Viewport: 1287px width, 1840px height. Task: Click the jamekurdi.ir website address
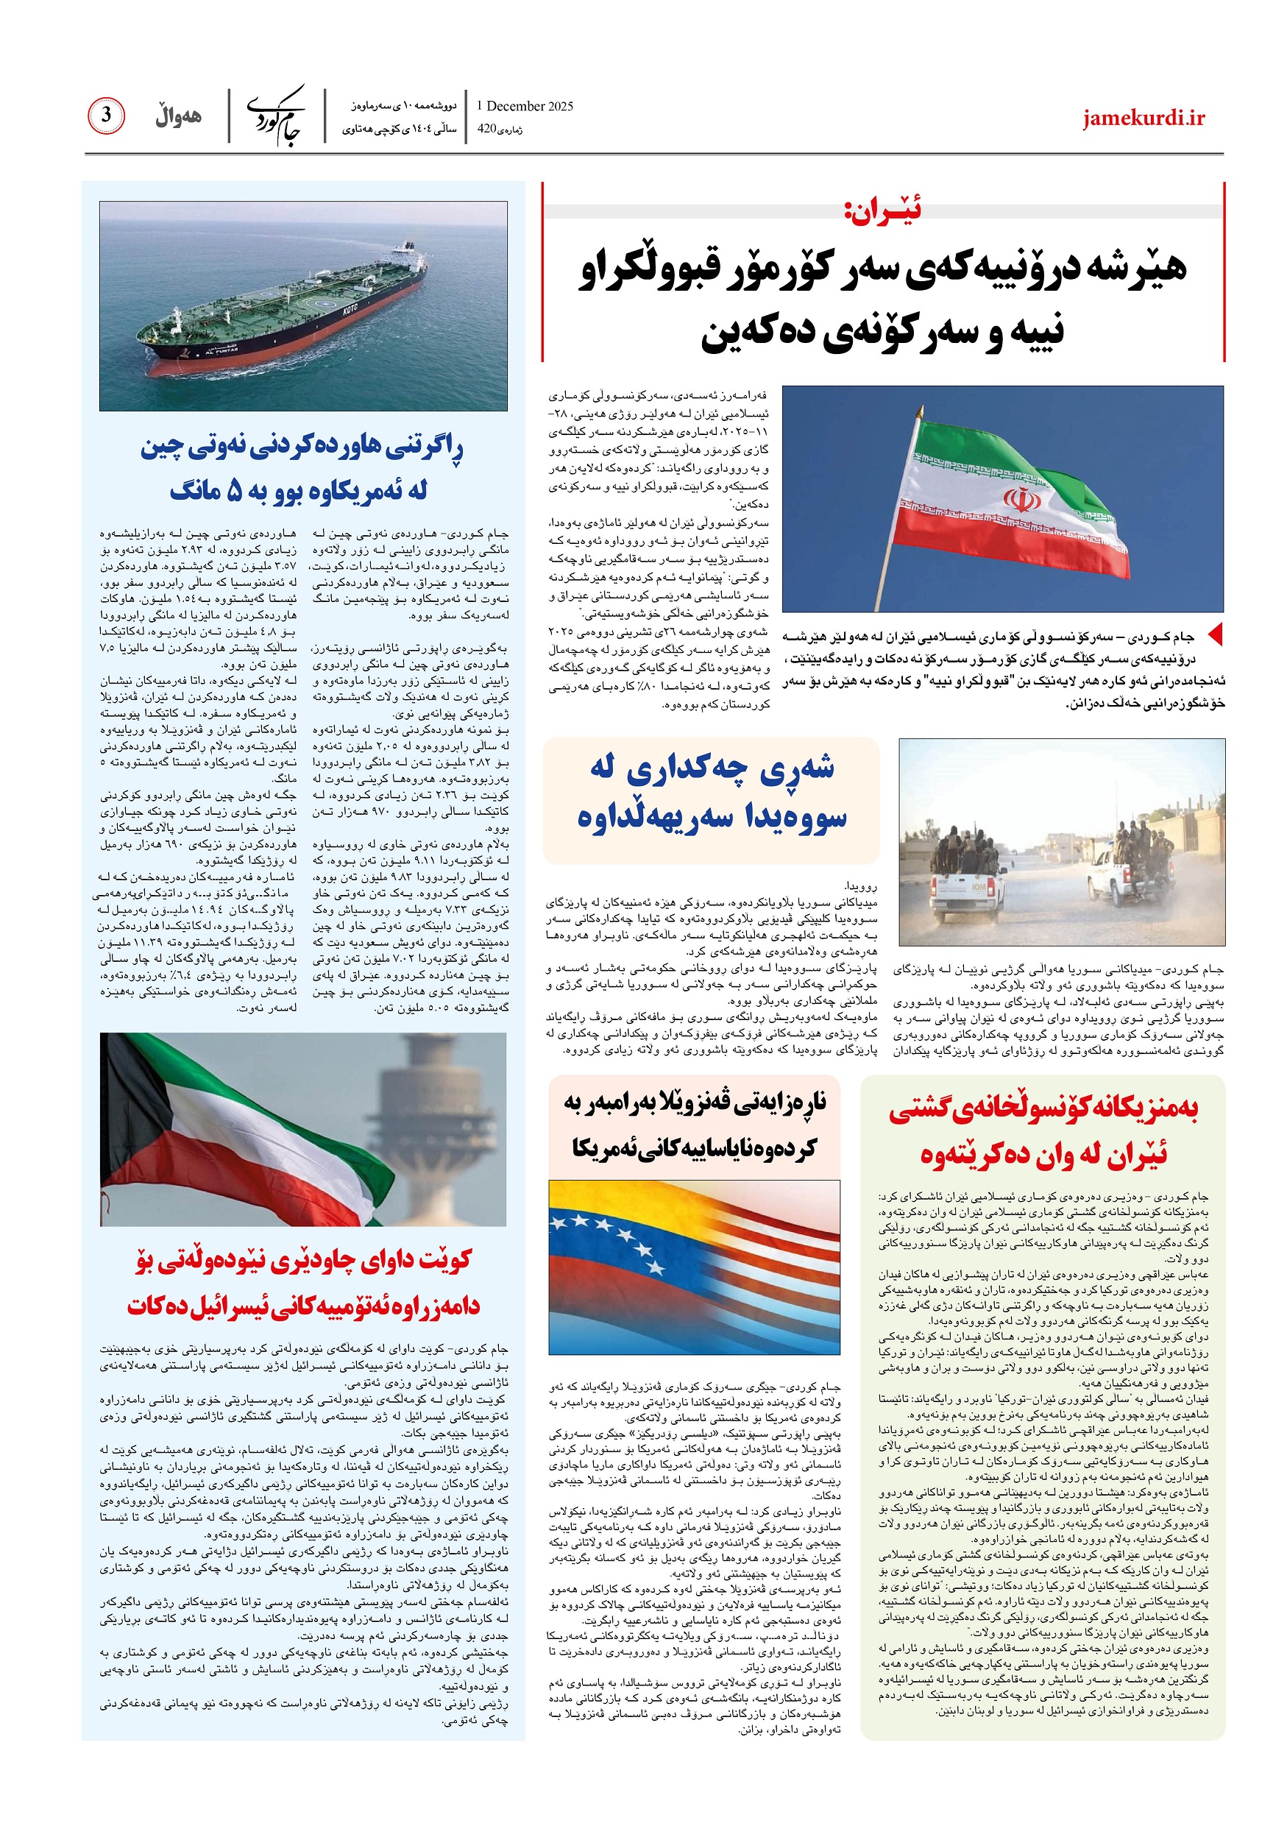click(x=1144, y=118)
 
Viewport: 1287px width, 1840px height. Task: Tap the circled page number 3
click(x=106, y=116)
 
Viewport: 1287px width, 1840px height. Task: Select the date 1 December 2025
click(x=524, y=106)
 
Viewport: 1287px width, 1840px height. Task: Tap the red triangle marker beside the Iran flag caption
click(x=1215, y=634)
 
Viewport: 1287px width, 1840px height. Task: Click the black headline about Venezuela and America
click(x=694, y=1125)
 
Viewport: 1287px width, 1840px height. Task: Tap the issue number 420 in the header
click(x=486, y=128)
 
